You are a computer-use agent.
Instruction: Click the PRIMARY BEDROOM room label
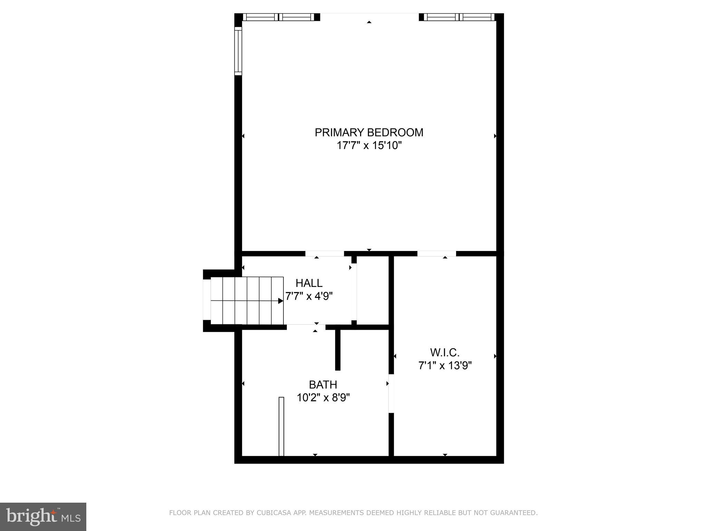coord(369,132)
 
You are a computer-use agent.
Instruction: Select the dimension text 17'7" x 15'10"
coord(369,146)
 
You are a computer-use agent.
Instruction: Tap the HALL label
coord(309,283)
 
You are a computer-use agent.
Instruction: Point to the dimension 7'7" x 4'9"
coord(309,296)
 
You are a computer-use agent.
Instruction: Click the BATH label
coord(323,384)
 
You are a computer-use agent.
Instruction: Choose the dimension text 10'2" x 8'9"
coord(323,398)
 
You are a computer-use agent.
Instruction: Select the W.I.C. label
coord(445,352)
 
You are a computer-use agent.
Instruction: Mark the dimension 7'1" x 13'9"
coord(445,365)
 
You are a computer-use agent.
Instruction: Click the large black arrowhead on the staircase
coord(281,301)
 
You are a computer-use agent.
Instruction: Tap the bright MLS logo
coord(43,516)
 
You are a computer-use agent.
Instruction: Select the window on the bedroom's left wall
coord(238,51)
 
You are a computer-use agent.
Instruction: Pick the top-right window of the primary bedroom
coord(459,17)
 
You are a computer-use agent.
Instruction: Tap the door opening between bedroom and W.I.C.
coord(437,254)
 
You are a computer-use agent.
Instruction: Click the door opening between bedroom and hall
coord(325,254)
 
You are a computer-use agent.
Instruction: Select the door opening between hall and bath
coord(306,327)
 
